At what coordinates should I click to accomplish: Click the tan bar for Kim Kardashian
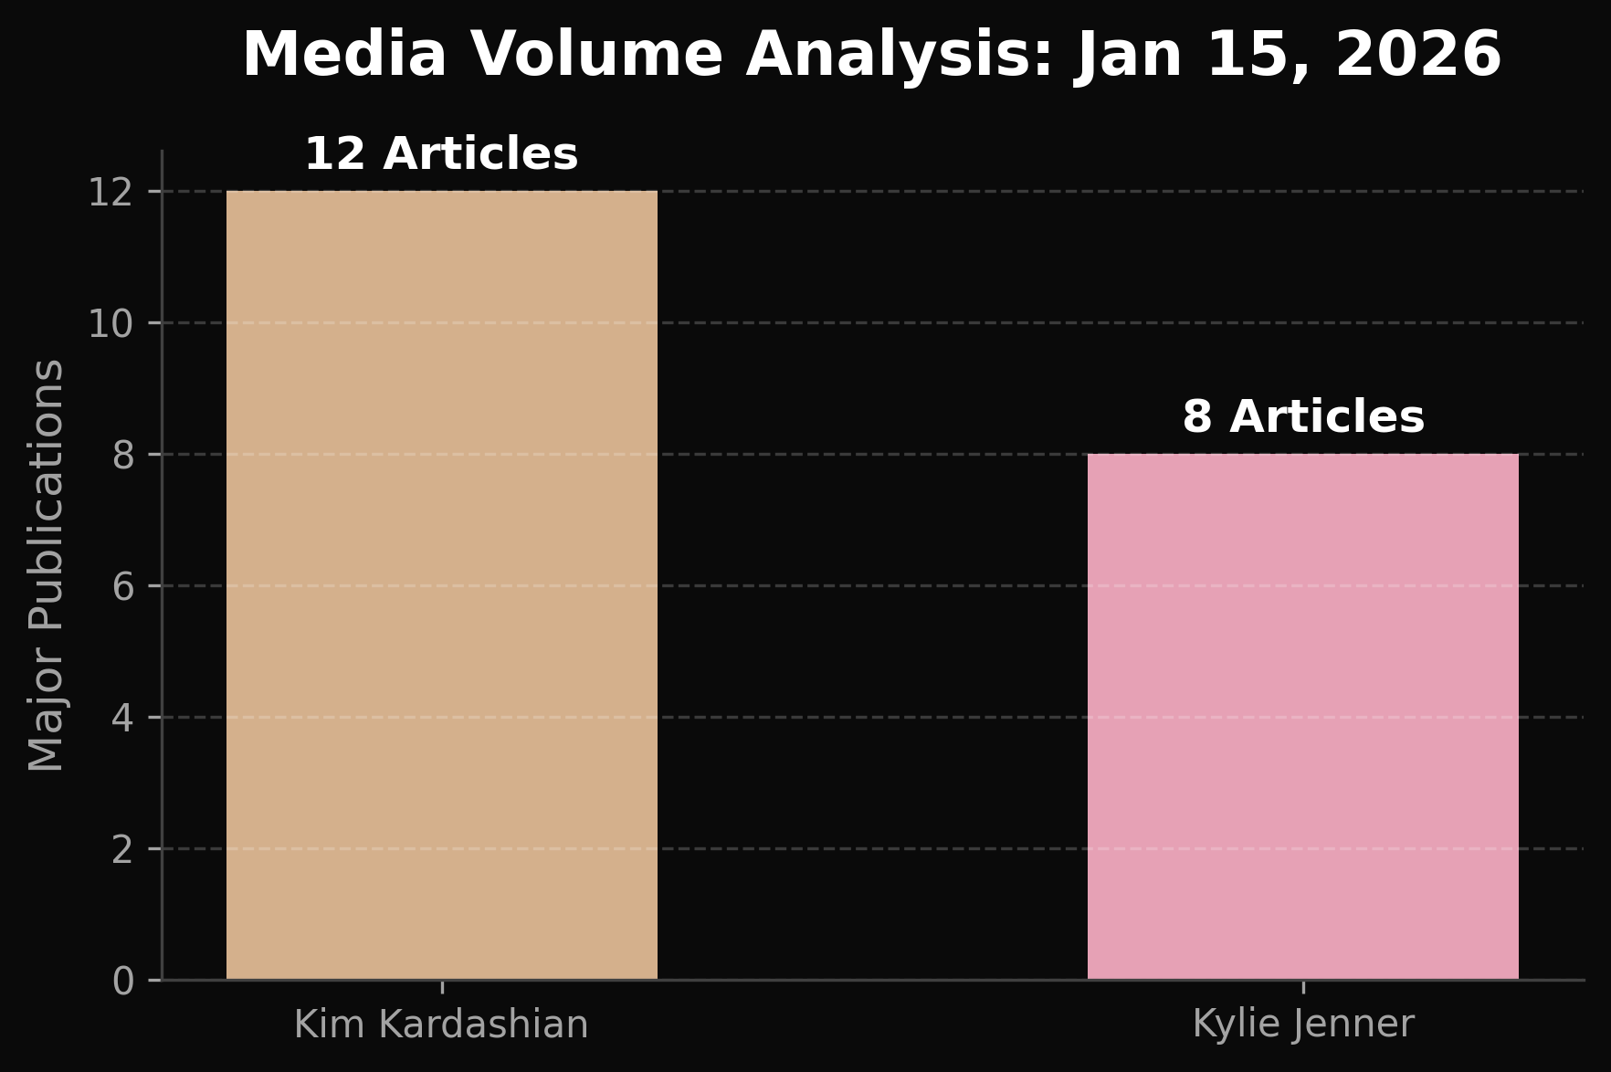(x=442, y=584)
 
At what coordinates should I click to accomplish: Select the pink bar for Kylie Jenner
(x=1302, y=717)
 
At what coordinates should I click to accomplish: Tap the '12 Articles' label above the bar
(x=441, y=153)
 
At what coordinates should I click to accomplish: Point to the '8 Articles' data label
(x=1303, y=416)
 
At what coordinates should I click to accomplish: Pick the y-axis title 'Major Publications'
(x=46, y=564)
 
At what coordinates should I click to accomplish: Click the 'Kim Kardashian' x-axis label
(x=441, y=1025)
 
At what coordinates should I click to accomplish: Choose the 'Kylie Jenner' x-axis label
(x=1303, y=1025)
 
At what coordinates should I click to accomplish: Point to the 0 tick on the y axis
(x=123, y=981)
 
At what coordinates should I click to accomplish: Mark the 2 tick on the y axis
(x=123, y=849)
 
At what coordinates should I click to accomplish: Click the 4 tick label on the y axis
(x=123, y=718)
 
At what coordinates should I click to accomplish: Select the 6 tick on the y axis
(x=123, y=586)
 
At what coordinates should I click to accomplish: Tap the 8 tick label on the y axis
(x=123, y=455)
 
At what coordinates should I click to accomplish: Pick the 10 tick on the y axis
(x=111, y=323)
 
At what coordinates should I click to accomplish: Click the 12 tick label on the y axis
(x=111, y=192)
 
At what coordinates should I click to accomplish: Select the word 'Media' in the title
(x=344, y=55)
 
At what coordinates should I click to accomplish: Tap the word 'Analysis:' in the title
(x=900, y=55)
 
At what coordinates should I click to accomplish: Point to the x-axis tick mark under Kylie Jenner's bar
(x=1303, y=986)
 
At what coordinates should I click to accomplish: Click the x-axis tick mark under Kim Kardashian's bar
(x=442, y=986)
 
